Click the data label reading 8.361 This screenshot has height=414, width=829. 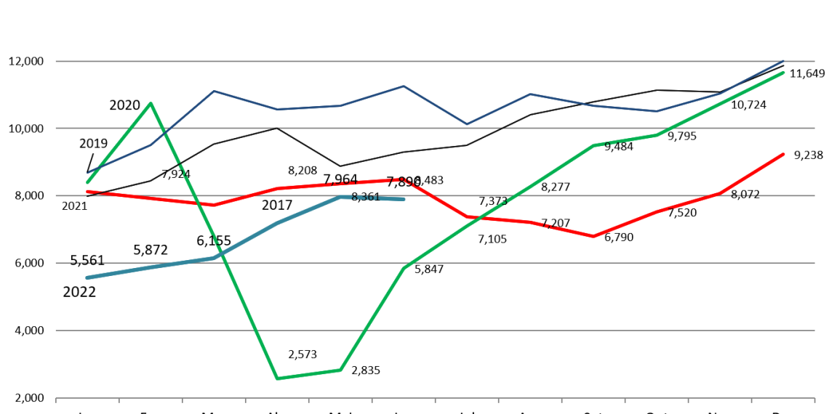coord(365,198)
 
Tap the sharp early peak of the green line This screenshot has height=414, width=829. coord(151,103)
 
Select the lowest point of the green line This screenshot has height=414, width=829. coord(277,378)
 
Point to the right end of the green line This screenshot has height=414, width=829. coord(784,73)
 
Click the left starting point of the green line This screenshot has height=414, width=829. coord(87,182)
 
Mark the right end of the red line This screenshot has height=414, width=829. coord(784,154)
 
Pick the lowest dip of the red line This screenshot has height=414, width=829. coord(593,236)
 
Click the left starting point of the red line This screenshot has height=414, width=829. coord(87,192)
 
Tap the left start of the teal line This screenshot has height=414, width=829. coord(87,277)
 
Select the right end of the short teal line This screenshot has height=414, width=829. coord(404,198)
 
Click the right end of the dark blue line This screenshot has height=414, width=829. coord(784,60)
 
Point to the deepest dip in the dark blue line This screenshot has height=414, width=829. coord(467,124)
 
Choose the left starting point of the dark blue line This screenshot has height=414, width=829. coord(87,173)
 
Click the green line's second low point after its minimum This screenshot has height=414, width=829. coord(340,370)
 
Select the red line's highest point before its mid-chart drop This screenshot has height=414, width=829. coord(404,179)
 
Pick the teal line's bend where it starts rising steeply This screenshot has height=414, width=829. coord(214,257)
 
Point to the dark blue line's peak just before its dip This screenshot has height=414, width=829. coord(404,86)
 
